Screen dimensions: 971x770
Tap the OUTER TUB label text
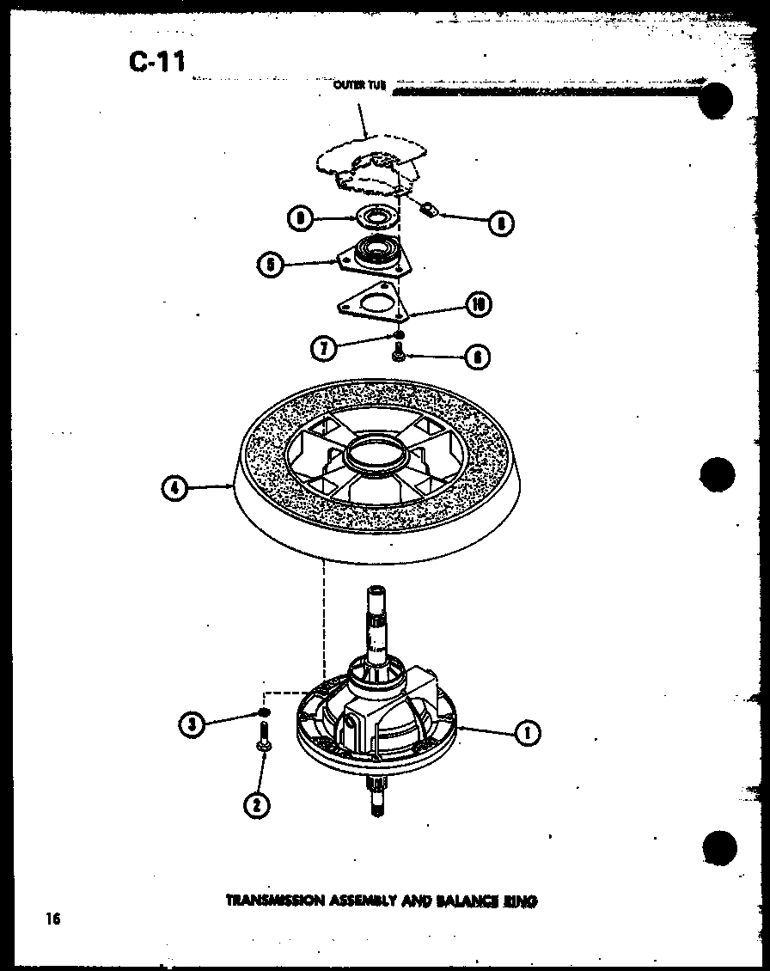click(359, 86)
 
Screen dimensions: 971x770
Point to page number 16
click(53, 919)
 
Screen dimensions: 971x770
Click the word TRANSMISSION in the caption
click(272, 901)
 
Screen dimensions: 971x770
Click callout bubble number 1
click(526, 732)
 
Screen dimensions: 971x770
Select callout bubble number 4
click(175, 488)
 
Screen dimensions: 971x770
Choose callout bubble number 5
click(271, 265)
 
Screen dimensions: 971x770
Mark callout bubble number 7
click(324, 348)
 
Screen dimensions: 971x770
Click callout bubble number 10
click(480, 303)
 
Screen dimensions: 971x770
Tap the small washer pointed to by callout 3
click(265, 713)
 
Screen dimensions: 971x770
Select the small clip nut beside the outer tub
click(430, 207)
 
